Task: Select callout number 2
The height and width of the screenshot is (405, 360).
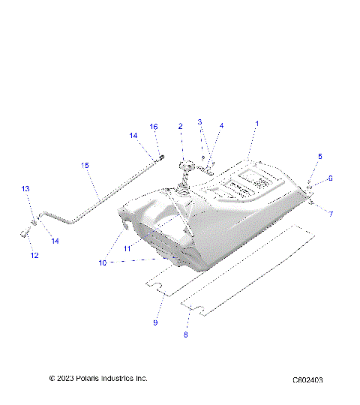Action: click(x=181, y=127)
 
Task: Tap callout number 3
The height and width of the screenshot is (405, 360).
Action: click(x=199, y=121)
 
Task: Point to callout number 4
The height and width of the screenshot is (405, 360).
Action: click(x=221, y=126)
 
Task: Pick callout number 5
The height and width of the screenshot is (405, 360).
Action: click(x=319, y=156)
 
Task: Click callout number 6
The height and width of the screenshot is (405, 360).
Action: click(x=329, y=178)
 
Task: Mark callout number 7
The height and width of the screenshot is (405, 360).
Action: click(x=331, y=214)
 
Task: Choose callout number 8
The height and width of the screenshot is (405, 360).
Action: click(x=185, y=335)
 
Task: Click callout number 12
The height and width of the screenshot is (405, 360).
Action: click(x=33, y=256)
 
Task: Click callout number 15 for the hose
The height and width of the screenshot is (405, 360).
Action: click(x=85, y=164)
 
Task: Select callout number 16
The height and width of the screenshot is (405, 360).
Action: click(x=154, y=127)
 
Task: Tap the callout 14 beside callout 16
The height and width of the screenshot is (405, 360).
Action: click(x=133, y=136)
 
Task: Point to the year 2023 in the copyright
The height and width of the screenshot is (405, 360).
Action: click(x=64, y=378)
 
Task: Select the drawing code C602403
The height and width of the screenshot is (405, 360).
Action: click(x=307, y=380)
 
